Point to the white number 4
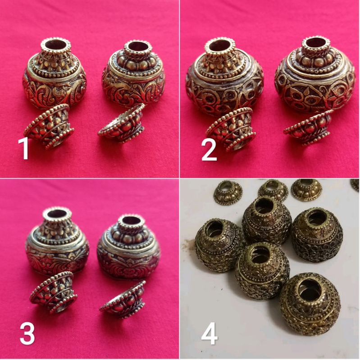coord(209,334)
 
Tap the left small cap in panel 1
coord(49,127)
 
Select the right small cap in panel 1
coord(122,124)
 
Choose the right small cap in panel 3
coord(123,299)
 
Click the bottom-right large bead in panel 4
coord(310,297)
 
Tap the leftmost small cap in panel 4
coord(228,192)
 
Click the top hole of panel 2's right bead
coord(315,45)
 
